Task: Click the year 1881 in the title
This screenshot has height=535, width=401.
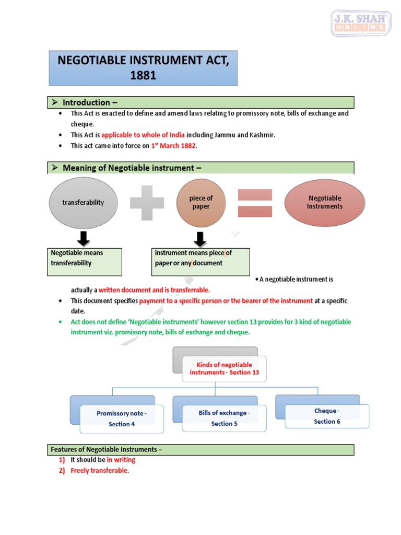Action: pyautogui.click(x=143, y=75)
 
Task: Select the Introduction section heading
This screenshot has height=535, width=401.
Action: pyautogui.click(x=87, y=102)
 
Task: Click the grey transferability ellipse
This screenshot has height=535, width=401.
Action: pyautogui.click(x=84, y=203)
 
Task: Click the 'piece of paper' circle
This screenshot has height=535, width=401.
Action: pyautogui.click(x=201, y=203)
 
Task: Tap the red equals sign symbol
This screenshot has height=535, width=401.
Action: pyautogui.click(x=255, y=203)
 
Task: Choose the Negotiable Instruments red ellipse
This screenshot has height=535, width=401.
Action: pyautogui.click(x=325, y=203)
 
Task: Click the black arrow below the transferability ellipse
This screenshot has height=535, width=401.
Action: pyautogui.click(x=83, y=238)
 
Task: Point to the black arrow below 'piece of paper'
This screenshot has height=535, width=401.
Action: pyautogui.click(x=200, y=238)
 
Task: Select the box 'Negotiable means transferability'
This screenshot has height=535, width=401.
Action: pyautogui.click(x=86, y=262)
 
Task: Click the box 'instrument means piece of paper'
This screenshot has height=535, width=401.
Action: pyautogui.click(x=200, y=262)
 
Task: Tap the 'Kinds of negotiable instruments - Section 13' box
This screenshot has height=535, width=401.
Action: pyautogui.click(x=224, y=369)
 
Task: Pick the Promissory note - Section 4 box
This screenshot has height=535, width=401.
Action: pyautogui.click(x=122, y=419)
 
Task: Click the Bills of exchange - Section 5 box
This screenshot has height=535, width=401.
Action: pyautogui.click(x=224, y=418)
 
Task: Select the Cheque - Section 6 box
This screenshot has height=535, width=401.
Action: pyautogui.click(x=327, y=416)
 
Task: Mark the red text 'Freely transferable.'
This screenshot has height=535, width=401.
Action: pyautogui.click(x=100, y=471)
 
